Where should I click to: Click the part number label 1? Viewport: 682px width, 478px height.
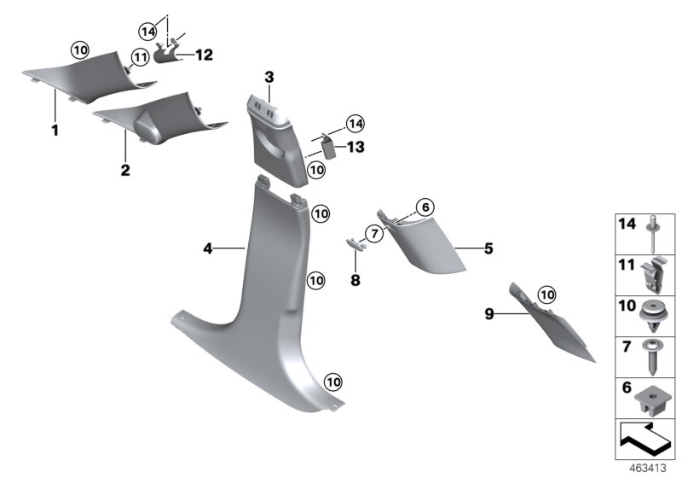tap(55, 131)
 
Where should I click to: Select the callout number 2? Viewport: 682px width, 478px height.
tap(124, 171)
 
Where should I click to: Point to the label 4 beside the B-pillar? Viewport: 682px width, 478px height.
tap(207, 248)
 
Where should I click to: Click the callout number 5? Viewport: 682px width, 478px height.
tap(488, 248)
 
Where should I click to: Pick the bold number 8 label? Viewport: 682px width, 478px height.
tap(356, 279)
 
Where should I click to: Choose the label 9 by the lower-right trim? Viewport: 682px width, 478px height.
tap(489, 313)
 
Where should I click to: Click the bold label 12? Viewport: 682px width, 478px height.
tap(204, 55)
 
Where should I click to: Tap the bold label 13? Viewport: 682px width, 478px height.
tap(355, 147)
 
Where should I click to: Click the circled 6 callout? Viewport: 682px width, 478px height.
tap(425, 206)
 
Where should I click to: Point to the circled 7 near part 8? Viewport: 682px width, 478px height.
tap(373, 233)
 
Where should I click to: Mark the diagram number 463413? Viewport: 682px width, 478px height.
tap(650, 469)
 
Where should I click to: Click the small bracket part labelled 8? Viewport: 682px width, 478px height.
tap(356, 244)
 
